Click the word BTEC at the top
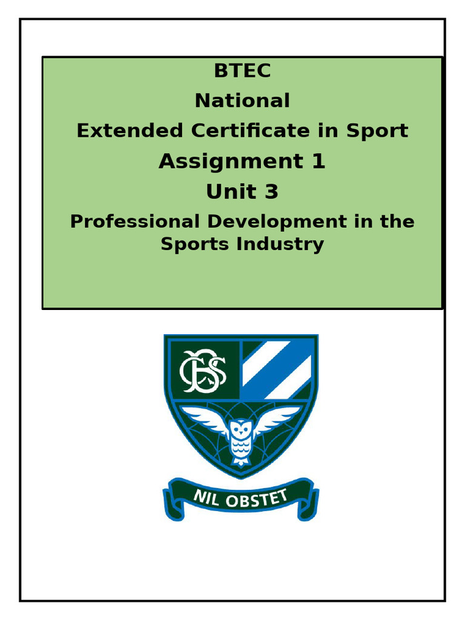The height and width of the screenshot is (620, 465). (x=242, y=71)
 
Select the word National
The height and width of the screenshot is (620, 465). (x=242, y=101)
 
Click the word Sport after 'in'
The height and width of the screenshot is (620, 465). (x=377, y=131)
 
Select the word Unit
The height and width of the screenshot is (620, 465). (x=227, y=192)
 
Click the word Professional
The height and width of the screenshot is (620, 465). (x=134, y=222)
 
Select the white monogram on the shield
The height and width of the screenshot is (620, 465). (x=203, y=369)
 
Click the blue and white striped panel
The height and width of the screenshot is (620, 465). (x=277, y=368)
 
